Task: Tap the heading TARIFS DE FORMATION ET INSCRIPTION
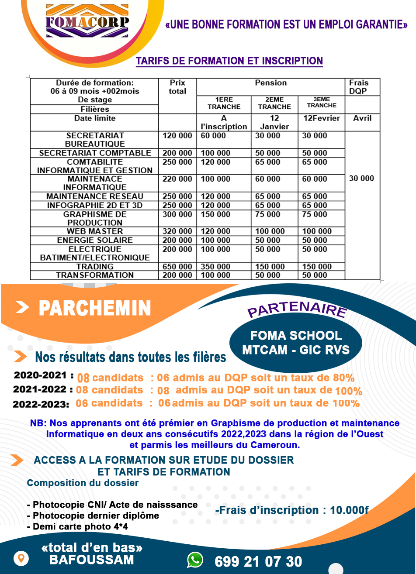(x=229, y=61)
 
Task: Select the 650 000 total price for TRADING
(x=177, y=267)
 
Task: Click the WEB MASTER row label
(x=95, y=231)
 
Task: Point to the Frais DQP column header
(x=358, y=87)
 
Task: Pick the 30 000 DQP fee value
(x=361, y=179)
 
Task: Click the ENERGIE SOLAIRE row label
(x=95, y=241)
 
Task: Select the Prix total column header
(x=177, y=87)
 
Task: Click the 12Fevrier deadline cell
(x=321, y=118)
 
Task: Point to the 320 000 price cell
(x=177, y=231)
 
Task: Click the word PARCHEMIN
(x=95, y=308)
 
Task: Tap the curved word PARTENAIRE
(x=297, y=309)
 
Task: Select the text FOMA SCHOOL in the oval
(x=296, y=336)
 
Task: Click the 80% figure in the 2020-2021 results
(x=344, y=378)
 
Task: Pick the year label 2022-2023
(x=41, y=404)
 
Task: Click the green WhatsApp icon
(x=195, y=560)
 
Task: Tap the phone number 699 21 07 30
(x=258, y=561)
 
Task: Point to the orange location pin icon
(x=21, y=558)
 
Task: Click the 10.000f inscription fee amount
(x=349, y=510)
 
